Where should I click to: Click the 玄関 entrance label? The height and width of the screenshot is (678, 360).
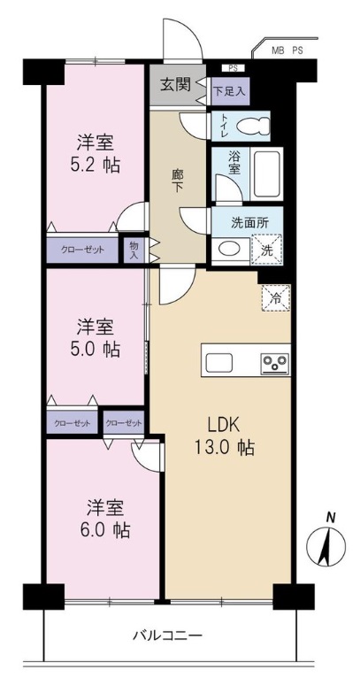click(175, 85)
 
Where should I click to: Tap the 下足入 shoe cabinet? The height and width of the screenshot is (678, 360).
click(230, 91)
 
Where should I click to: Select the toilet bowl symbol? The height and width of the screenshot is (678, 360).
click(252, 126)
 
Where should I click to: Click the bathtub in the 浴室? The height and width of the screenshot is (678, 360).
click(268, 173)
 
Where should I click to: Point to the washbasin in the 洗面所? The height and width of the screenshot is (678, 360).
click(231, 250)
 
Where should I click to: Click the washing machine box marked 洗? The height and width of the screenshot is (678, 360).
click(266, 249)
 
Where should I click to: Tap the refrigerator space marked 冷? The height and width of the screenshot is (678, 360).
click(276, 297)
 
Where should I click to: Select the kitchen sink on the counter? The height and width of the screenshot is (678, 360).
click(219, 362)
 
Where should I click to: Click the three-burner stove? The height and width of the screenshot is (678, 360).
click(275, 363)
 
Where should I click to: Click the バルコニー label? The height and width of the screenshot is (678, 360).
click(167, 636)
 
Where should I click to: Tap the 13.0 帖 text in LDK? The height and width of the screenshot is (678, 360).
click(225, 448)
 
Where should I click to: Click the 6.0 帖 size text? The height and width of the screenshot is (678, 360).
click(105, 529)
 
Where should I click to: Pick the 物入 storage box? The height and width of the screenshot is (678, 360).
click(134, 250)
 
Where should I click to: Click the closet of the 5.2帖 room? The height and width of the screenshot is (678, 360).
click(82, 250)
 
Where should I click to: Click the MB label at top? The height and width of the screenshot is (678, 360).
click(277, 50)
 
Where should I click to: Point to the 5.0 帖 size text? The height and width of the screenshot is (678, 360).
click(96, 350)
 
